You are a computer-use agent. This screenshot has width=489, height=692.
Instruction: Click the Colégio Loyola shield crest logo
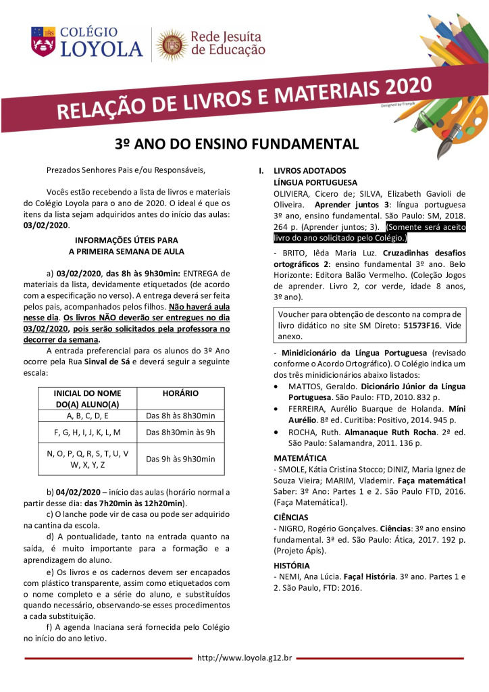pos(44,41)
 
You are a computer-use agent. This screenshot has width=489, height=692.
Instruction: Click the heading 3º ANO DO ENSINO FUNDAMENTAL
pos(236,144)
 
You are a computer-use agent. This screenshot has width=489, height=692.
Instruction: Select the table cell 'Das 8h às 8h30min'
pos(180,415)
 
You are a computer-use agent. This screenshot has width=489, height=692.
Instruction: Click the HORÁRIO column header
pos(180,392)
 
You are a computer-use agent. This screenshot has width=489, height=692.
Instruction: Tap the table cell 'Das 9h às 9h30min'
pos(180,459)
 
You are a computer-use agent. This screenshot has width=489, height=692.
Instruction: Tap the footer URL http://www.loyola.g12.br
pos(244,657)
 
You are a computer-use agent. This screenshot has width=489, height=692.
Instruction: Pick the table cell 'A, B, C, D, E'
pos(87,415)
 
